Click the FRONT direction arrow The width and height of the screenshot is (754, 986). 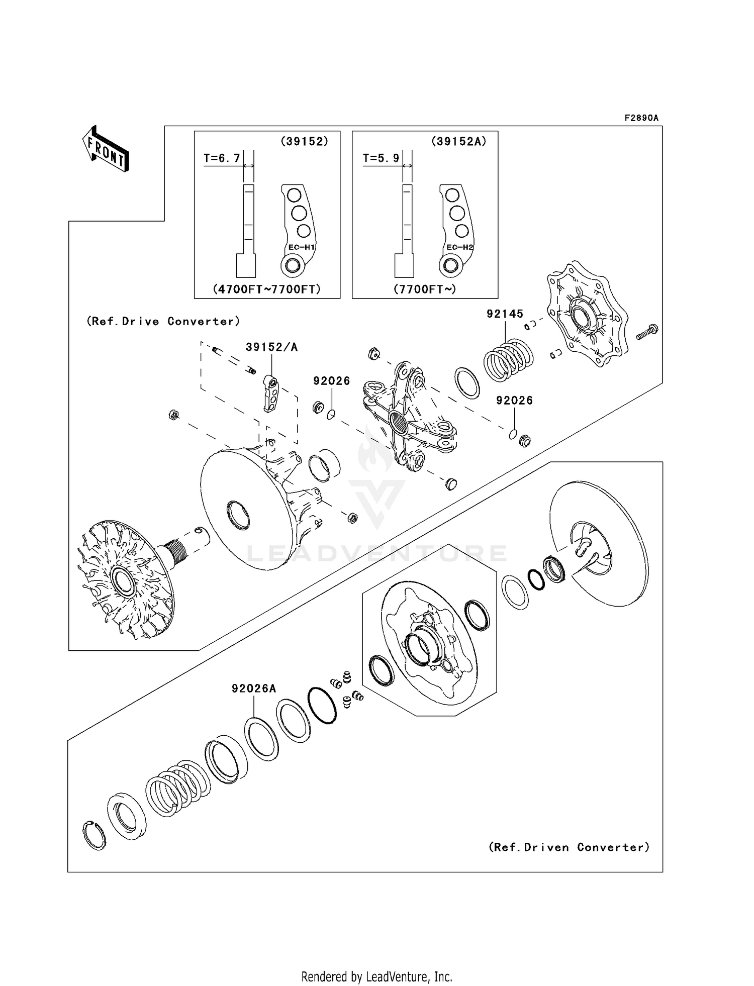pos(106,149)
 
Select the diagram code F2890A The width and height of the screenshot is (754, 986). pos(641,118)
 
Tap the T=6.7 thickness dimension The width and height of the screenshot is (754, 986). pos(222,158)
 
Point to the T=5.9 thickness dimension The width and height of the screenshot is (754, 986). pos(381,158)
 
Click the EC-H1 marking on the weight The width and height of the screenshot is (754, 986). pos(301,247)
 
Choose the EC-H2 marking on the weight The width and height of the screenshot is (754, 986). pos(460,247)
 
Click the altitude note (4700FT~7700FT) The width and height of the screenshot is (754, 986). pos(267,289)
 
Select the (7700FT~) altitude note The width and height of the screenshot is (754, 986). pos(425,289)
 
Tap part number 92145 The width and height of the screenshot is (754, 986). pos(505,314)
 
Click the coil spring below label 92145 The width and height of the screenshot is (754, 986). pos(508,360)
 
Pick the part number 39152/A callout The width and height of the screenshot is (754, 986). pos(271,347)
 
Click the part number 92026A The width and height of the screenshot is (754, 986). pos(254,688)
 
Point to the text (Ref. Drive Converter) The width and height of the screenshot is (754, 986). pos(163,321)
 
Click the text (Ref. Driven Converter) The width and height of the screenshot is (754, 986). pos(569,847)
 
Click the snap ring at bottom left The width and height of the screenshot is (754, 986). pos(94,835)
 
